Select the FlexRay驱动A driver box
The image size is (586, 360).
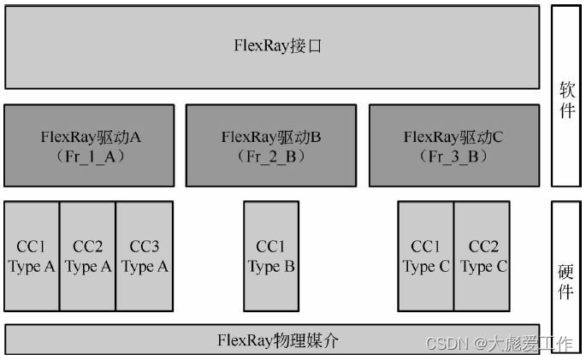click(89, 145)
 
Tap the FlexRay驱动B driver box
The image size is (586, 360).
click(270, 145)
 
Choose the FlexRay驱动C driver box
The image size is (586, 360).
click(453, 145)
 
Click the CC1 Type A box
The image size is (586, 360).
click(32, 257)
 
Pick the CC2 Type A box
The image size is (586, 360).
click(87, 257)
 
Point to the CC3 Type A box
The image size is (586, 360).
click(145, 257)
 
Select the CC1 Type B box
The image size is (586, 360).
click(271, 257)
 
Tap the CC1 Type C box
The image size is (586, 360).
click(425, 257)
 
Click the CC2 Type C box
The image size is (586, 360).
click(482, 257)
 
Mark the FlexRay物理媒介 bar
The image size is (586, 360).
click(272, 339)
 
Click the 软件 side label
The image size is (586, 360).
click(566, 98)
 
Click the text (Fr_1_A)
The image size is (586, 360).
click(89, 156)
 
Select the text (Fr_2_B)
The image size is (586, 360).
click(270, 156)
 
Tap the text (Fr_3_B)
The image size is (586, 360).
click(453, 156)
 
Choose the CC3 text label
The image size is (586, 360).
click(145, 246)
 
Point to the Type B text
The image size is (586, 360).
click(271, 267)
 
